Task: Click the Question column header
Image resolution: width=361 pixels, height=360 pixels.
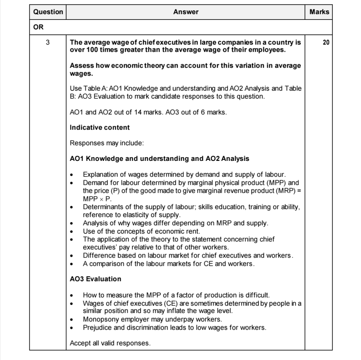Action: (x=48, y=12)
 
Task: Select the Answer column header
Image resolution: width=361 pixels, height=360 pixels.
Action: (x=186, y=12)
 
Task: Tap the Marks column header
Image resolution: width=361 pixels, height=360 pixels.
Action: (x=319, y=12)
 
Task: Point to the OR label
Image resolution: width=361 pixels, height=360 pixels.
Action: (x=38, y=27)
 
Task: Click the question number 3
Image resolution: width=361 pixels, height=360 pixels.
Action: (x=48, y=42)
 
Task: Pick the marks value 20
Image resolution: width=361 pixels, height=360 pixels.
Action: (x=326, y=42)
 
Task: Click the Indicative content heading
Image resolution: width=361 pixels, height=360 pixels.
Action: (x=99, y=128)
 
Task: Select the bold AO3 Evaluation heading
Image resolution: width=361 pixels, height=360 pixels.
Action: (x=95, y=279)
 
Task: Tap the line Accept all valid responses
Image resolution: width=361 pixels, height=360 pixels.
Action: (x=110, y=343)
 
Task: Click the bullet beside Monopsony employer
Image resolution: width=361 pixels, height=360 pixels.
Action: (x=72, y=319)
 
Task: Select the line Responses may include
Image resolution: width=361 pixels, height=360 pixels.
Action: (x=107, y=143)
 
